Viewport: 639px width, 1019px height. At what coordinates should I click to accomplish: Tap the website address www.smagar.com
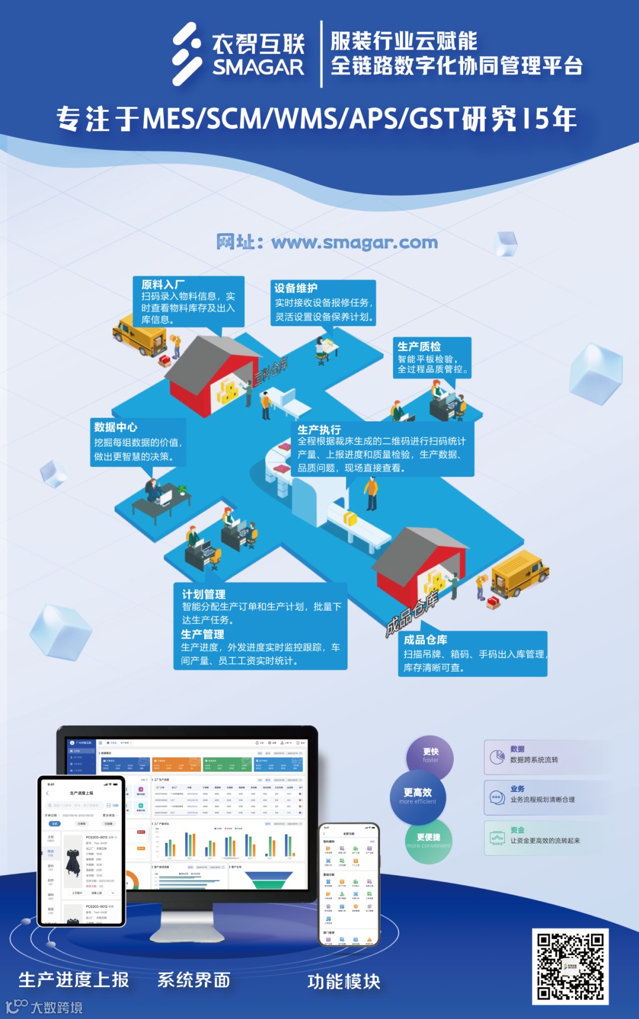(x=327, y=242)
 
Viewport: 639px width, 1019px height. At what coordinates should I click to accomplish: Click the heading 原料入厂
(x=163, y=285)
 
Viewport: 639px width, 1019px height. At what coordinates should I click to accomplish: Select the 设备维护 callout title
(x=296, y=288)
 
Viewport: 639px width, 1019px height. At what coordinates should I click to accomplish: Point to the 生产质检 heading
(x=419, y=346)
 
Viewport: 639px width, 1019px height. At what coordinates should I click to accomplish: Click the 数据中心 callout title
(x=116, y=427)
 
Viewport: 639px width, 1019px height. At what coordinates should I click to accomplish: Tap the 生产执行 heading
(x=319, y=430)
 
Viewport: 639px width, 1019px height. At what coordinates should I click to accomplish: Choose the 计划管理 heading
(x=204, y=594)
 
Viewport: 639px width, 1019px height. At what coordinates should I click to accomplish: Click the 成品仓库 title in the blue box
(x=425, y=640)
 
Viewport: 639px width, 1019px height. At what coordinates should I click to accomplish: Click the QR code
(x=570, y=966)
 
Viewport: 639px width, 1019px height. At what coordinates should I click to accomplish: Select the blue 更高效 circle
(x=418, y=796)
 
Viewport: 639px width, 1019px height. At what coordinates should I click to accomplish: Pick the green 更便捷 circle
(x=429, y=840)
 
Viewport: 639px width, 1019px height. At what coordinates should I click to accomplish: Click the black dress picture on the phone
(x=73, y=862)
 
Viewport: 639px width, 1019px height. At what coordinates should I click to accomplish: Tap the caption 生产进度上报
(x=74, y=980)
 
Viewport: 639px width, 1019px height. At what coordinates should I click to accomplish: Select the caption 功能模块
(x=344, y=982)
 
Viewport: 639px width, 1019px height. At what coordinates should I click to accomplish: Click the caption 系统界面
(x=194, y=980)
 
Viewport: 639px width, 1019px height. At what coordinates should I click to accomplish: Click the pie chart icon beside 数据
(x=497, y=757)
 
